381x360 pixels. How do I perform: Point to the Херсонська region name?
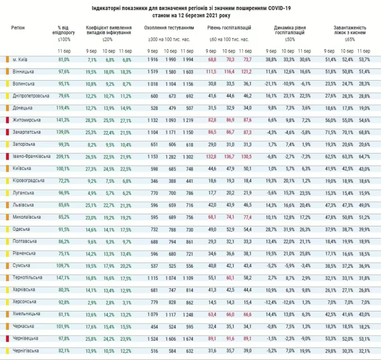click(24, 301)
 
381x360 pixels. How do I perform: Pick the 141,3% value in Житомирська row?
click(64, 119)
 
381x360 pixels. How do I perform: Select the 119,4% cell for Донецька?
click(64, 107)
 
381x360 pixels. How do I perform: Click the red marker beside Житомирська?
click(7, 119)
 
